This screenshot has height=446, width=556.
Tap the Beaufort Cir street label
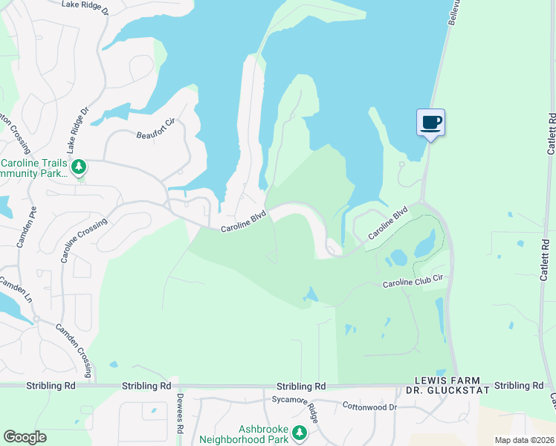154,135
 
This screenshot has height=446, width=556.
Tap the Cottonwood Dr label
369,407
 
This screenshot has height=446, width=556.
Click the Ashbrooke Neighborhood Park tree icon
299,433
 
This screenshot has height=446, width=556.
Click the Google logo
25,437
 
